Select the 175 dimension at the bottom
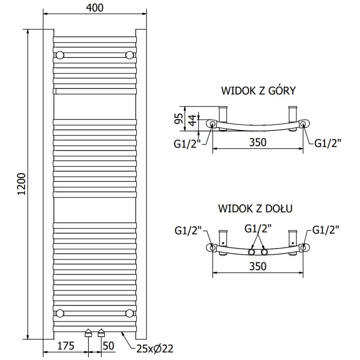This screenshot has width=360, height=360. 66,346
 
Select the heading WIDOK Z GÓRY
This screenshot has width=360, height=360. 258,91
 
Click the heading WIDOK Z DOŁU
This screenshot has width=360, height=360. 256,209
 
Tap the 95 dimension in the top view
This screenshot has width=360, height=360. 178,119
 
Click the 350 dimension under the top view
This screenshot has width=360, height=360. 258,143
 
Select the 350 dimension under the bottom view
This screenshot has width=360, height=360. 258,266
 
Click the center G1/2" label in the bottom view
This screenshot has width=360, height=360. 258,229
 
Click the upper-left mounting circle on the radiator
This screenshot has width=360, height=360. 59,55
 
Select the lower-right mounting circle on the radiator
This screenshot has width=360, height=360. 130,312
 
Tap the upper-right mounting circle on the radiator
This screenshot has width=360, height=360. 130,55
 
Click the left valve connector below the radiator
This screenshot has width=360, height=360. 89,334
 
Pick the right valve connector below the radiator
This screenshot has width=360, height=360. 101,334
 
